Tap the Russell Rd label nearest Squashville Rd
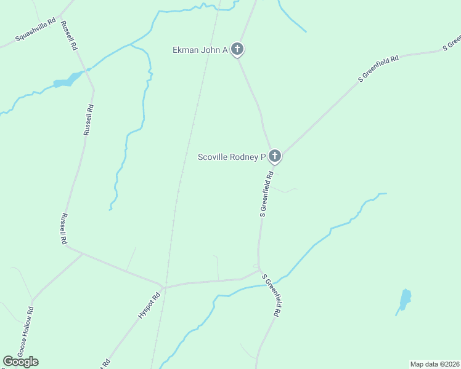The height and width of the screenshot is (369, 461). click(x=70, y=35)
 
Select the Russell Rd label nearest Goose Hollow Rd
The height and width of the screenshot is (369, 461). click(x=63, y=229)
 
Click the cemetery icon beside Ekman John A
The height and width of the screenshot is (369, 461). click(x=238, y=50)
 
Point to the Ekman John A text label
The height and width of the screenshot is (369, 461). click(x=200, y=50)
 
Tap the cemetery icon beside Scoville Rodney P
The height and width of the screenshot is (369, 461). click(x=275, y=157)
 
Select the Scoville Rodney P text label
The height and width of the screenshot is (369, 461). click(x=231, y=157)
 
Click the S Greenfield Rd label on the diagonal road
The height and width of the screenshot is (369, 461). click(x=379, y=68)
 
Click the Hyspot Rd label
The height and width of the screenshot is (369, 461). click(x=148, y=304)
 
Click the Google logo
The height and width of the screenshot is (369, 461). click(x=20, y=362)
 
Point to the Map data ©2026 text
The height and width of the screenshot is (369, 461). click(x=434, y=364)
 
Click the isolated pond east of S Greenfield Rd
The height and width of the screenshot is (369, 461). click(x=405, y=299)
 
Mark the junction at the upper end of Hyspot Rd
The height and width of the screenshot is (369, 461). click(x=163, y=287)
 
